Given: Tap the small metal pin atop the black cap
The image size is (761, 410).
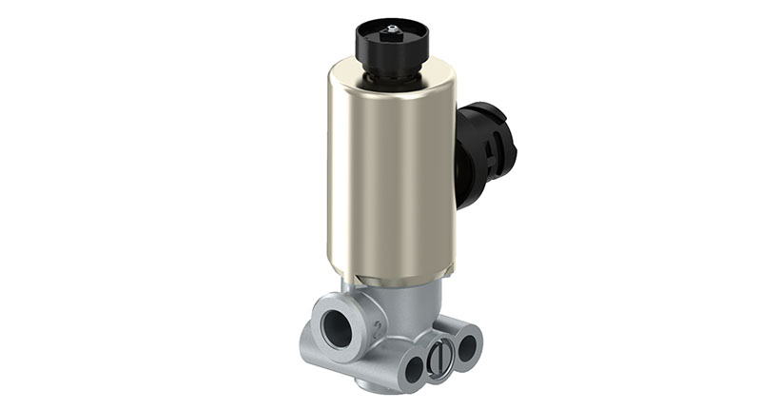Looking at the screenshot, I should (392, 28).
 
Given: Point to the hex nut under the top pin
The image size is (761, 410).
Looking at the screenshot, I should (392, 35).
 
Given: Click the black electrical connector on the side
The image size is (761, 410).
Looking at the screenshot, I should (486, 152).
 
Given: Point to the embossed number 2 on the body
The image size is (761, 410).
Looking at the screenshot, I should (377, 330).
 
